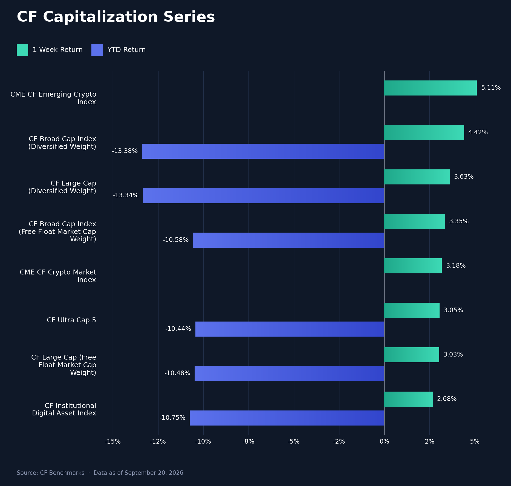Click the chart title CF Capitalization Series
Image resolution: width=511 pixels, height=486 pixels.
click(116, 17)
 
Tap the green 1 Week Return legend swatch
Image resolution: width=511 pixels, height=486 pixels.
click(22, 50)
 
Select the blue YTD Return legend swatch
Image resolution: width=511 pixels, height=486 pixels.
click(97, 50)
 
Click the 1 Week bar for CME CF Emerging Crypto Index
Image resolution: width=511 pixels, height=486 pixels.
click(431, 88)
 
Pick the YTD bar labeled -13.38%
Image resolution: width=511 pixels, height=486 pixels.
click(263, 151)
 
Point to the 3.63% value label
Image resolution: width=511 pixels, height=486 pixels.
click(464, 177)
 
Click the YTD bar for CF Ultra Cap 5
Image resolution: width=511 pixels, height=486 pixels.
click(290, 329)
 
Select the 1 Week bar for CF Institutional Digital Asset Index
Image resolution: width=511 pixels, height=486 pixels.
click(409, 399)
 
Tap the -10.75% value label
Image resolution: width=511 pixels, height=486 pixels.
click(172, 418)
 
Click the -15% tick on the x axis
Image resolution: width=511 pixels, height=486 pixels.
click(113, 441)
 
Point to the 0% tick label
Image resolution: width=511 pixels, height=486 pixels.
click(384, 441)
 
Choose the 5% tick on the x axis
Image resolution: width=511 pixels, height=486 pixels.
click(475, 441)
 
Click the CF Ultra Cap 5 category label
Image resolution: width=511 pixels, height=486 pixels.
click(71, 320)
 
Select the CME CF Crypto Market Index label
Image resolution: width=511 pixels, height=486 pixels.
click(58, 276)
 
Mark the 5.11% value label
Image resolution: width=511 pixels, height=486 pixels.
click(491, 88)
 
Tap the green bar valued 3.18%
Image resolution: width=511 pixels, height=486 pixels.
click(413, 266)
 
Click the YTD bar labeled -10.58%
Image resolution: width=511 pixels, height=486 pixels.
click(288, 240)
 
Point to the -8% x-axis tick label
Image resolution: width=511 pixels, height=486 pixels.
click(249, 441)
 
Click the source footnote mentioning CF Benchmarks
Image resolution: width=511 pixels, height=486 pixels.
click(100, 473)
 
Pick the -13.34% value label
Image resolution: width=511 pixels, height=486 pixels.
click(126, 195)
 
